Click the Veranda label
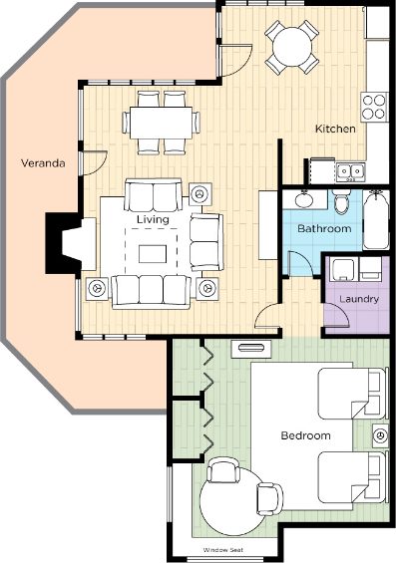(43, 163)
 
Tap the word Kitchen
(335, 129)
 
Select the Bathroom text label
(324, 228)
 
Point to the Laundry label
(359, 299)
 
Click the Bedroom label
(305, 435)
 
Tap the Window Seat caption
(222, 550)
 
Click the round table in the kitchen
(292, 47)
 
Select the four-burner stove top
(374, 107)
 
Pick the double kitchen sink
(350, 171)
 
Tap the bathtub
(376, 220)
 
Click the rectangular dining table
(161, 123)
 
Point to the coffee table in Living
(153, 254)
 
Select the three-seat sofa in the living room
(151, 292)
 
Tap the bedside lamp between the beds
(380, 436)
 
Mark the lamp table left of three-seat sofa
(97, 288)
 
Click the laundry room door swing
(337, 315)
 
